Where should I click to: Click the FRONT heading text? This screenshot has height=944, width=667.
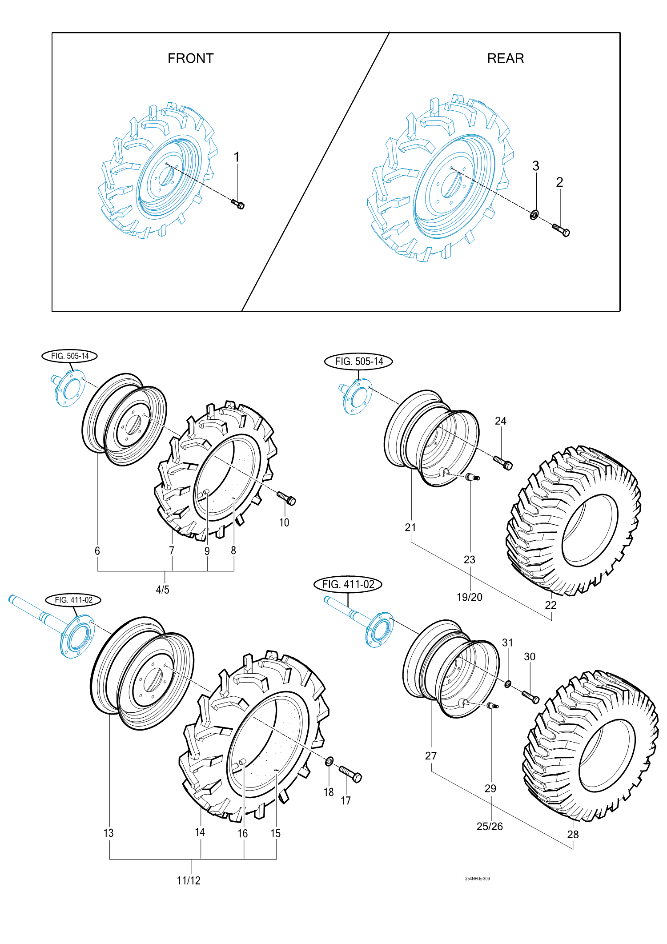click(190, 59)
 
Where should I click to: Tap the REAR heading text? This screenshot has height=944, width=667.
click(505, 59)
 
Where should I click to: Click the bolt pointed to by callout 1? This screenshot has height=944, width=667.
click(238, 205)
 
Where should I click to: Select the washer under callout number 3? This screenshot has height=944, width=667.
click(534, 215)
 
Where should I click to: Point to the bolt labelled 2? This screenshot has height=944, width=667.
click(562, 230)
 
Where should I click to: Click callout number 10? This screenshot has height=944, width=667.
click(284, 522)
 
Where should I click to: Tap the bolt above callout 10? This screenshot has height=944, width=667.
click(287, 498)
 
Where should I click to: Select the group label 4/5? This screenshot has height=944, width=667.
click(162, 590)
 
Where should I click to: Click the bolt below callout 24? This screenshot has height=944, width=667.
click(503, 463)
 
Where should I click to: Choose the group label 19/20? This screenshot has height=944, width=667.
click(469, 597)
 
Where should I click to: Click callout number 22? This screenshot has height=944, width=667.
click(550, 605)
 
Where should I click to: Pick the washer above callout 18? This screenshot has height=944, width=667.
click(329, 762)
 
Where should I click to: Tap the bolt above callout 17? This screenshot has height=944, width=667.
click(351, 774)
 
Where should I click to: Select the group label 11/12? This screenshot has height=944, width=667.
click(189, 880)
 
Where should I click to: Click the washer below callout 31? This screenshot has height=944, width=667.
click(508, 683)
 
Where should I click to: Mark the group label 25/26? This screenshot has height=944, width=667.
click(490, 826)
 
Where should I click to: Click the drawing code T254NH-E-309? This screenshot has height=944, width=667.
click(476, 878)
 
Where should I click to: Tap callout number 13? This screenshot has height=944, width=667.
click(108, 833)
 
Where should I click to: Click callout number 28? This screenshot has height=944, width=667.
click(573, 834)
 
